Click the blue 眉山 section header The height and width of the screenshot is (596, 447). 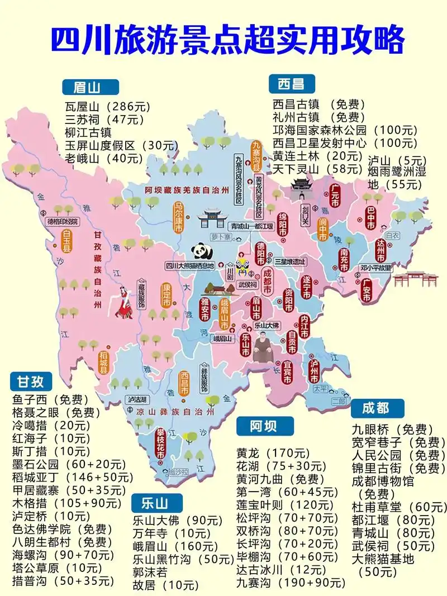(90, 87)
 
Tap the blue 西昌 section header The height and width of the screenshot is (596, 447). (291, 84)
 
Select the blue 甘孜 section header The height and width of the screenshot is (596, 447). (31, 382)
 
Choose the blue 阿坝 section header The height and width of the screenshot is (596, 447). (263, 426)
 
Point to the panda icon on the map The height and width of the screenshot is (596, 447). (198, 251)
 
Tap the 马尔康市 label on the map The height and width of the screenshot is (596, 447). (179, 218)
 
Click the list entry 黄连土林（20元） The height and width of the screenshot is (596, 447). (317, 155)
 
